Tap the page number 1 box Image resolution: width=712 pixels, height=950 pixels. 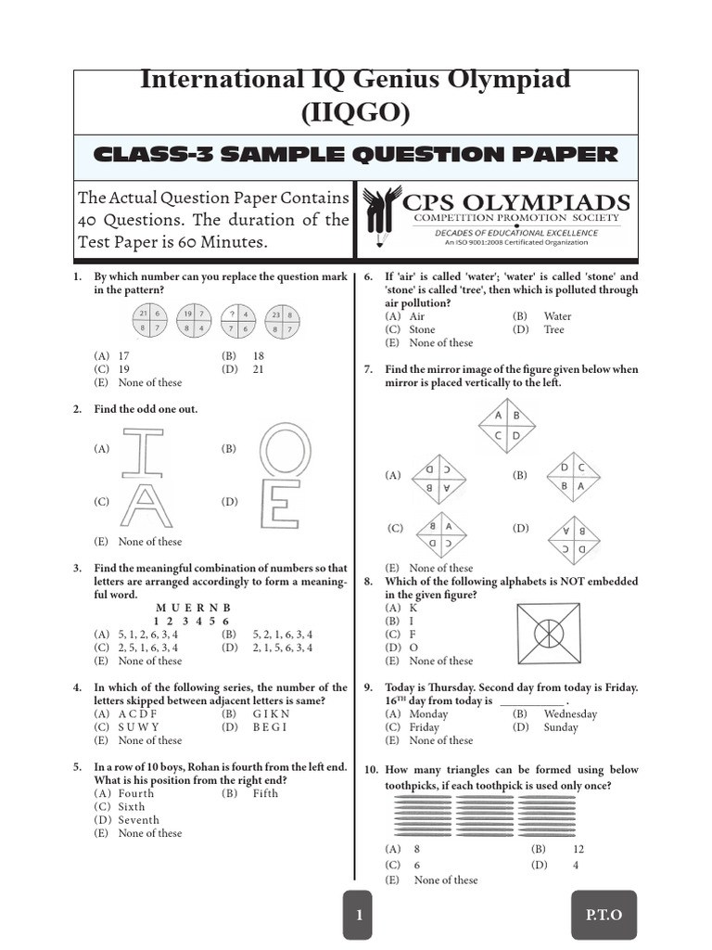tap(358, 915)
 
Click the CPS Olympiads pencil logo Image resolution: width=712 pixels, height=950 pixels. tap(381, 221)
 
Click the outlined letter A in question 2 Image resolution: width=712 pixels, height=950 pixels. tap(145, 507)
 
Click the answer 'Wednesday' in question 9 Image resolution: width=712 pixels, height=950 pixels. tap(570, 714)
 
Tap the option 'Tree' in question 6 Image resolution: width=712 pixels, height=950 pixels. tap(553, 329)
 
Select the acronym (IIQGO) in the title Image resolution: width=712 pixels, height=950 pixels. tap(355, 112)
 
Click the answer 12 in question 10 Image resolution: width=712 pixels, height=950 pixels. tap(578, 849)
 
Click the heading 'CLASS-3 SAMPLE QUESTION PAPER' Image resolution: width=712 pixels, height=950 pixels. tap(356, 155)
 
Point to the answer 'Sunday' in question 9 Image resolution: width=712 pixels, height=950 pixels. tap(561, 727)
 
